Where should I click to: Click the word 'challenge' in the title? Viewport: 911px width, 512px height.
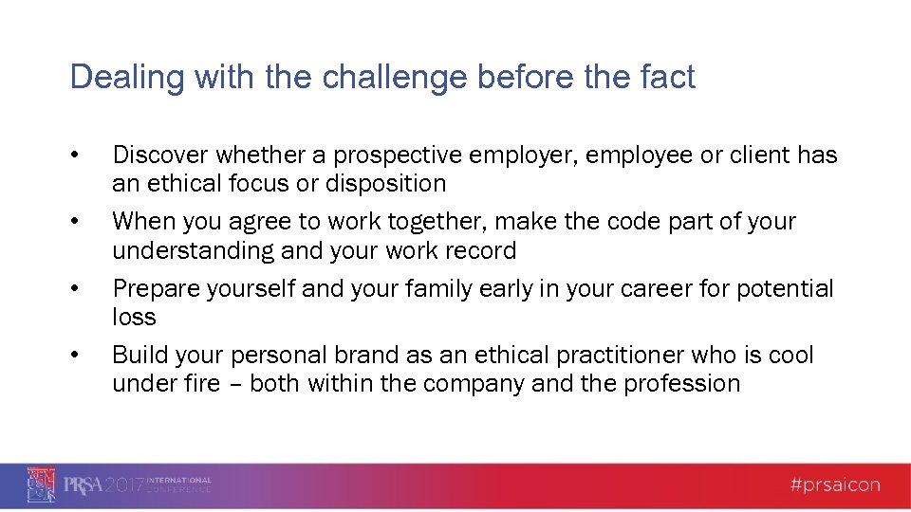point(396,77)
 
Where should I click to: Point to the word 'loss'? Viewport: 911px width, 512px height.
point(134,317)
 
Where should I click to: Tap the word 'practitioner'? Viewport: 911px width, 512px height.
point(613,356)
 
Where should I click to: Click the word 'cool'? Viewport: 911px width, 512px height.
point(789,356)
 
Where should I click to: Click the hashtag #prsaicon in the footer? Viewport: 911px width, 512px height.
point(836,486)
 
